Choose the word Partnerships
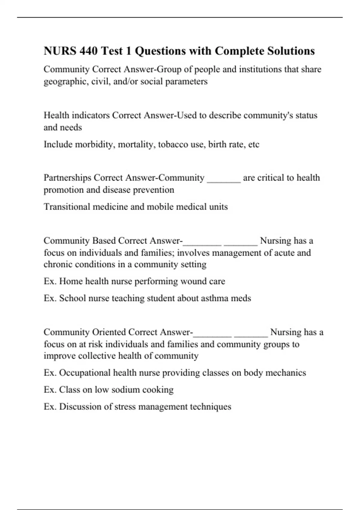pos(67,178)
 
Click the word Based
pos(104,241)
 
